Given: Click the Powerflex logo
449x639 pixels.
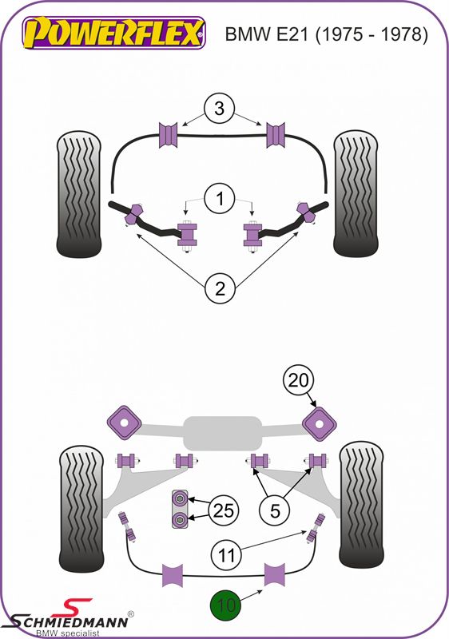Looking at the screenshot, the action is point(113,33).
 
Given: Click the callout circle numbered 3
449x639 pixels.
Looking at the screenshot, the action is point(219,109).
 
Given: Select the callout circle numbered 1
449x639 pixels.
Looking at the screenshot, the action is point(220,199).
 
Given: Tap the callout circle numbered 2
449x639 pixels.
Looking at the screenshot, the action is point(220,288).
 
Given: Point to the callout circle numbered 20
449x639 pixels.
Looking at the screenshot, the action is point(299,380).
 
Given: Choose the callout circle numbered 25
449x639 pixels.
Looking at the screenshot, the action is point(224,510).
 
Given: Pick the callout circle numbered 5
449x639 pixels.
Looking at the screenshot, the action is point(275,510).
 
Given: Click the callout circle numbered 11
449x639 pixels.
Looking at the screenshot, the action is point(227,555).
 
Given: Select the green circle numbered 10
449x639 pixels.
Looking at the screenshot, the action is point(226,605).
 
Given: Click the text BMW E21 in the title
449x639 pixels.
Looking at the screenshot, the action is point(267,34).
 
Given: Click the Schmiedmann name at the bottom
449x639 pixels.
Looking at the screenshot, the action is point(70,622).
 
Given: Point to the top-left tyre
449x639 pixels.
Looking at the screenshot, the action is point(78,194).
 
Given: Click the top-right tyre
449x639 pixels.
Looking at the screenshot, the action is point(356,194).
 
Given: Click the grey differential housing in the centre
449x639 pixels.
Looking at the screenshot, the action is point(222,433).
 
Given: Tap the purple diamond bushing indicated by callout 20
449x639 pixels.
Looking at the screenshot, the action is point(320,424).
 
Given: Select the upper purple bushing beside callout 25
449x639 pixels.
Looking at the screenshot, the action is point(179,498).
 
